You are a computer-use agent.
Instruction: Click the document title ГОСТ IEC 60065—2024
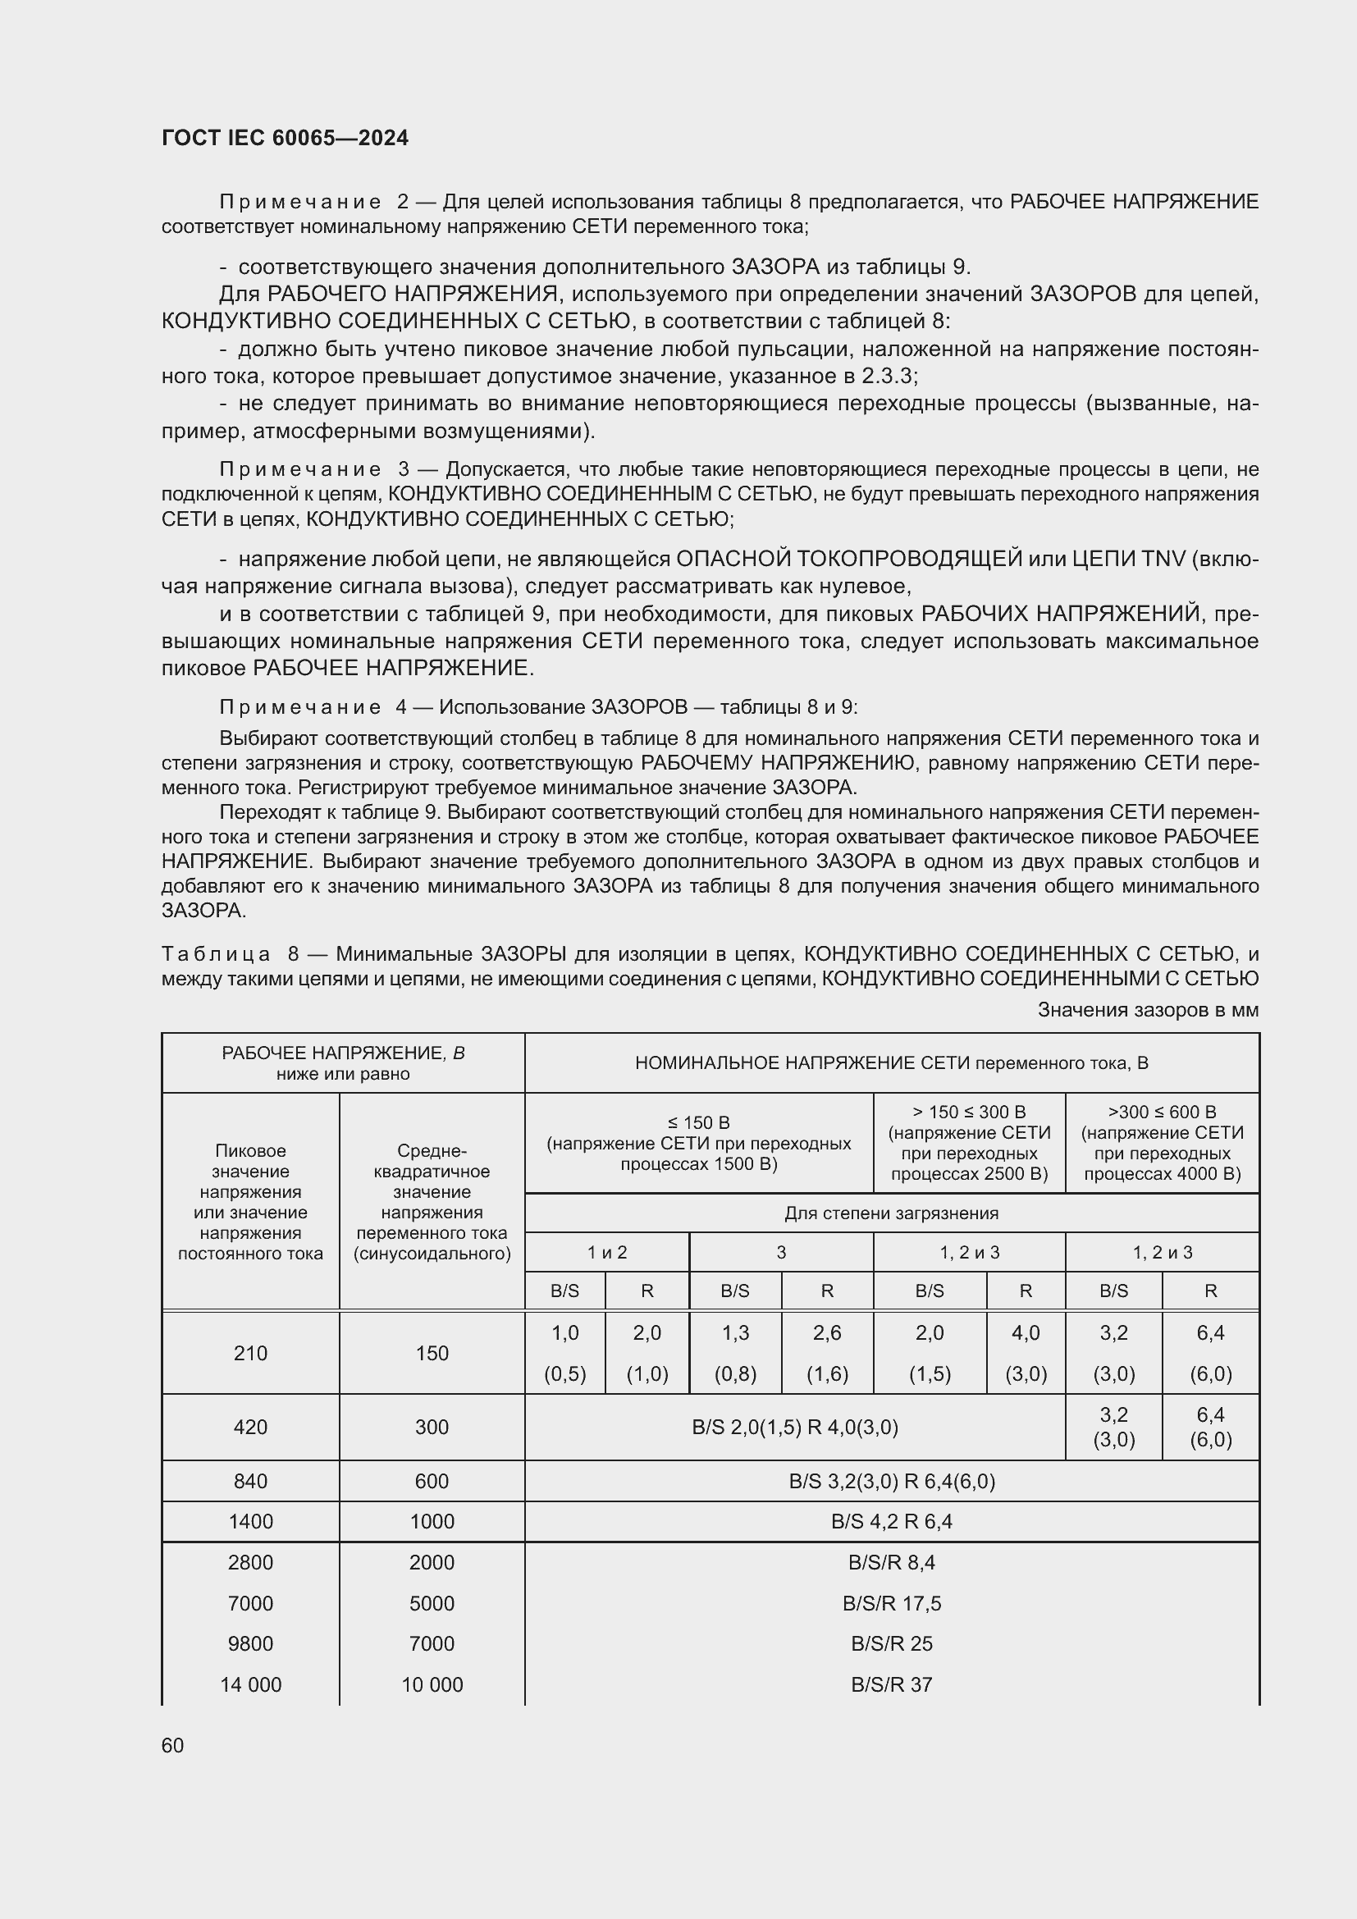[285, 138]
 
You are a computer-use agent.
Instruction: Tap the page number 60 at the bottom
[173, 1745]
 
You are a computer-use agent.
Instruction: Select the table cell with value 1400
[251, 1521]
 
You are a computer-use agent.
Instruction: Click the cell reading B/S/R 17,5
[892, 1603]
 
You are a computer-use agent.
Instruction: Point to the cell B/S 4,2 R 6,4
[892, 1521]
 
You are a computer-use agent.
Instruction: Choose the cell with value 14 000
[251, 1684]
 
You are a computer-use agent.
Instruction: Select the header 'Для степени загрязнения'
[892, 1213]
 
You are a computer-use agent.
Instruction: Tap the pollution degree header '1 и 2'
[606, 1252]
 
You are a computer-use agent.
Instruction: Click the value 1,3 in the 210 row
[735, 1333]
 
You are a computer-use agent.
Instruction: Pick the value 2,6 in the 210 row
[827, 1333]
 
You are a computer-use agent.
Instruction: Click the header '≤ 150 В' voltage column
[698, 1122]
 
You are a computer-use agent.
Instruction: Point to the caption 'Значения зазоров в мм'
[1147, 1010]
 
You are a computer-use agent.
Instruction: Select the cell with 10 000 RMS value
[432, 1684]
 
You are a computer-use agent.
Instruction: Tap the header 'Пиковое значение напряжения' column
[251, 1202]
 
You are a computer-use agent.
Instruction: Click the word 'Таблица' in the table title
[216, 953]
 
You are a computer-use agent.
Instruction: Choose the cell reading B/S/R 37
[892, 1684]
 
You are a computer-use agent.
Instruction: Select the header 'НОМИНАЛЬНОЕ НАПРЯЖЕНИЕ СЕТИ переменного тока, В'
[892, 1063]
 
